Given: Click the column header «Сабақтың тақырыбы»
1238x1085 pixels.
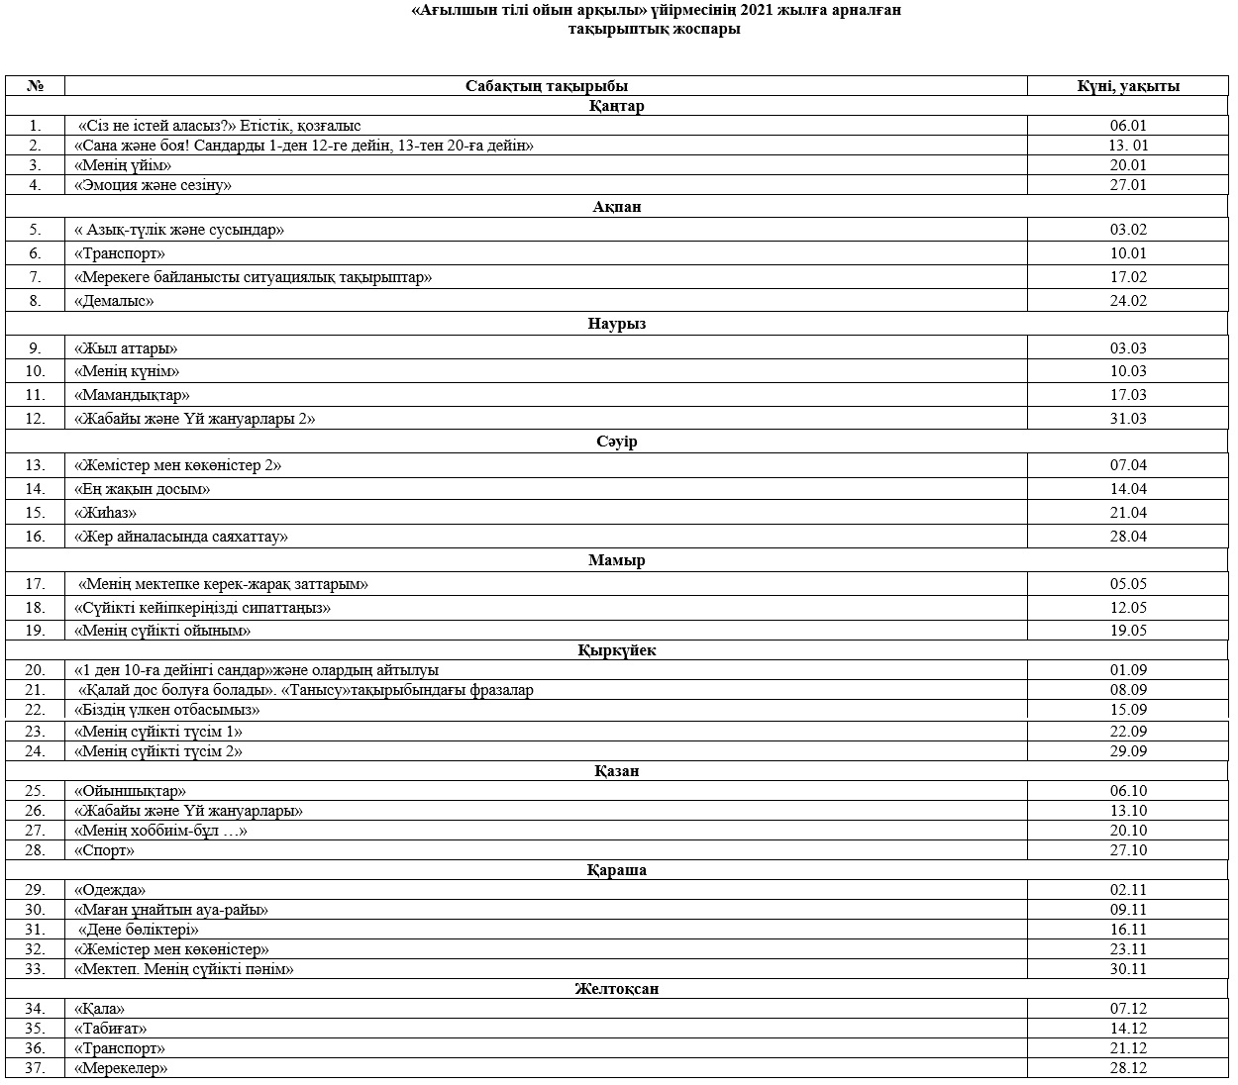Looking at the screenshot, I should point(546,86).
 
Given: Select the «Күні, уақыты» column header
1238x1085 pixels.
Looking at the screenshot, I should point(1128,86).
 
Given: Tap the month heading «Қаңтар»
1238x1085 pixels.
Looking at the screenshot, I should point(616,106).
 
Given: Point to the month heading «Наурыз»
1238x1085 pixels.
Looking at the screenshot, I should point(616,324).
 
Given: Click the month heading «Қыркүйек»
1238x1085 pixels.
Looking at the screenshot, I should point(616,650).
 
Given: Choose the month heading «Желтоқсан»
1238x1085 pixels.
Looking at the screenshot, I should point(616,989).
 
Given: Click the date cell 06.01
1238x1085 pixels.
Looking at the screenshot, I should point(1128,126).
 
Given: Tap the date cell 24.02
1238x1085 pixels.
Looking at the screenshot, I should point(1128,301).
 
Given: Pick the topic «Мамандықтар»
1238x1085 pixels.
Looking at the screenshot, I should point(132,395).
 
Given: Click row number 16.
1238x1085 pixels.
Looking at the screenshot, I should point(36,537).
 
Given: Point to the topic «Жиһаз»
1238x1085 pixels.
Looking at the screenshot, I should point(105,513).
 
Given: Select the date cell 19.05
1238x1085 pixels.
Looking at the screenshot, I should point(1128,631).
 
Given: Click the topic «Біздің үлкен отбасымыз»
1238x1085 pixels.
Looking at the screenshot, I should point(167,710).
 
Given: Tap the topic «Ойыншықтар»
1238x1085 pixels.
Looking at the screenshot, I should point(130,791).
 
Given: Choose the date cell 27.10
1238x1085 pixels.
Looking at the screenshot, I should point(1128,850).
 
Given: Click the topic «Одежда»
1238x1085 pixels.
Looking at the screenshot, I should point(110,890).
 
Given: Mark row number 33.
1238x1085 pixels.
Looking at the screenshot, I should point(36,969).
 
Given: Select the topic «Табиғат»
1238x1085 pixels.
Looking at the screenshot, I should point(110,1029).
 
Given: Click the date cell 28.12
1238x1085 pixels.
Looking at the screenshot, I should point(1128,1068).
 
